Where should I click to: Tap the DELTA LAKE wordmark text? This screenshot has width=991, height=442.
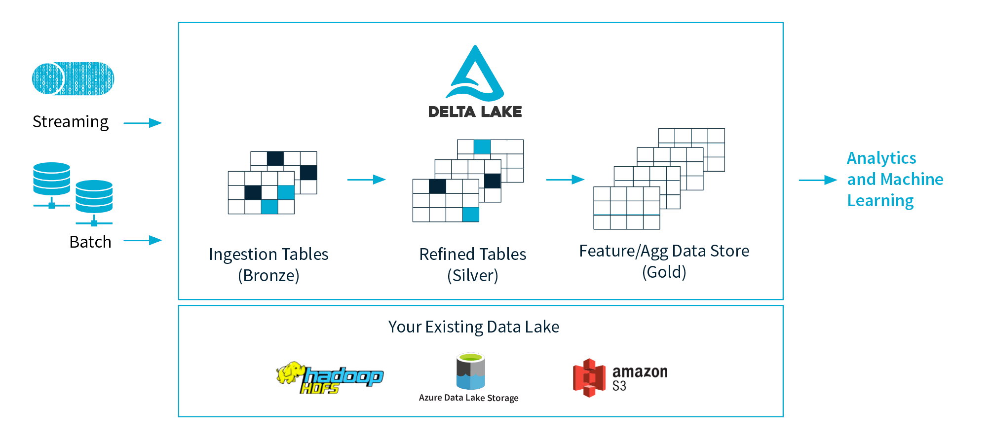(x=475, y=112)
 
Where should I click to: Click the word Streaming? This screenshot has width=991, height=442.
(x=71, y=122)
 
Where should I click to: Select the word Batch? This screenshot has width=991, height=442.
(x=90, y=242)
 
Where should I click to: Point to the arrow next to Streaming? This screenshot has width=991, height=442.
(x=143, y=123)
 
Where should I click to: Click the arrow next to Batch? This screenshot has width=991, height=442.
(x=143, y=240)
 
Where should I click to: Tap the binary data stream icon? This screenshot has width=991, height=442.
(x=73, y=78)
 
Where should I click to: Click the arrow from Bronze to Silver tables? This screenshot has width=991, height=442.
(x=366, y=180)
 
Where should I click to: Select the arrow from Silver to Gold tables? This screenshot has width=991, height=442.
(x=565, y=180)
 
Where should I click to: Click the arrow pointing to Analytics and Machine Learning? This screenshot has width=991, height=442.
(x=818, y=180)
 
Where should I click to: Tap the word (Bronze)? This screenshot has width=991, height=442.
(x=268, y=275)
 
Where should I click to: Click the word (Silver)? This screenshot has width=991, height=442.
(x=473, y=275)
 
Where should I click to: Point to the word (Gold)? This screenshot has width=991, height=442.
(x=664, y=272)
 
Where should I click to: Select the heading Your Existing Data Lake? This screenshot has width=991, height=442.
(x=474, y=327)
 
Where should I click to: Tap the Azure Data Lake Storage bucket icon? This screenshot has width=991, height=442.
(x=470, y=371)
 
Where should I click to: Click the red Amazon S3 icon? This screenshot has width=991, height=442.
(x=589, y=378)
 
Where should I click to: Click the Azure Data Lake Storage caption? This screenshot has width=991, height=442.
(x=468, y=398)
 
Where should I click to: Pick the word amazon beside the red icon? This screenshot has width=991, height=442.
(x=640, y=371)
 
